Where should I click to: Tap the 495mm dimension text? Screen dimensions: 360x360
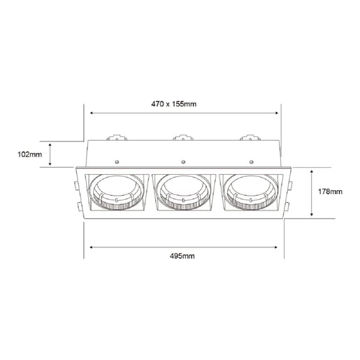181,257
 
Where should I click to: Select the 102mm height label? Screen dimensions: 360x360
29,153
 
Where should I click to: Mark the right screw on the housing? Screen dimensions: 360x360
247,159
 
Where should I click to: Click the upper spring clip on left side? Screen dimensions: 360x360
75,185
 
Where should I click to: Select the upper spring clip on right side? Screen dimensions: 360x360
289,185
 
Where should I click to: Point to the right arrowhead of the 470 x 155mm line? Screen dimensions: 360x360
277,112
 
